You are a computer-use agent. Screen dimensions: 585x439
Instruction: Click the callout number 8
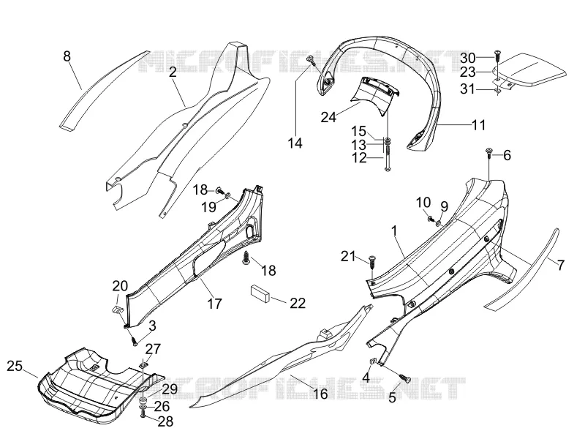tap(67, 56)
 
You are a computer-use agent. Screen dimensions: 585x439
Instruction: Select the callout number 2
tap(173, 72)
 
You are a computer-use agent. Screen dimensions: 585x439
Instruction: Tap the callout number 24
tap(328, 117)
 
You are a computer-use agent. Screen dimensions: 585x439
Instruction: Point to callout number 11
tap(479, 125)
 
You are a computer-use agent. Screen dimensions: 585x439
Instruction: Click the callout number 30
tap(468, 58)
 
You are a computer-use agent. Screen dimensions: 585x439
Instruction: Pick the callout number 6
tap(507, 155)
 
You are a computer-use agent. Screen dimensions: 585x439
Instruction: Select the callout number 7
tap(561, 265)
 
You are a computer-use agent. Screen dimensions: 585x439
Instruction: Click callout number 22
tap(298, 303)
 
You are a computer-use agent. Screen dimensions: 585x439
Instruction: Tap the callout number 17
tap(214, 304)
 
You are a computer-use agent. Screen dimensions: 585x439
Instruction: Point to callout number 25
tap(15, 366)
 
